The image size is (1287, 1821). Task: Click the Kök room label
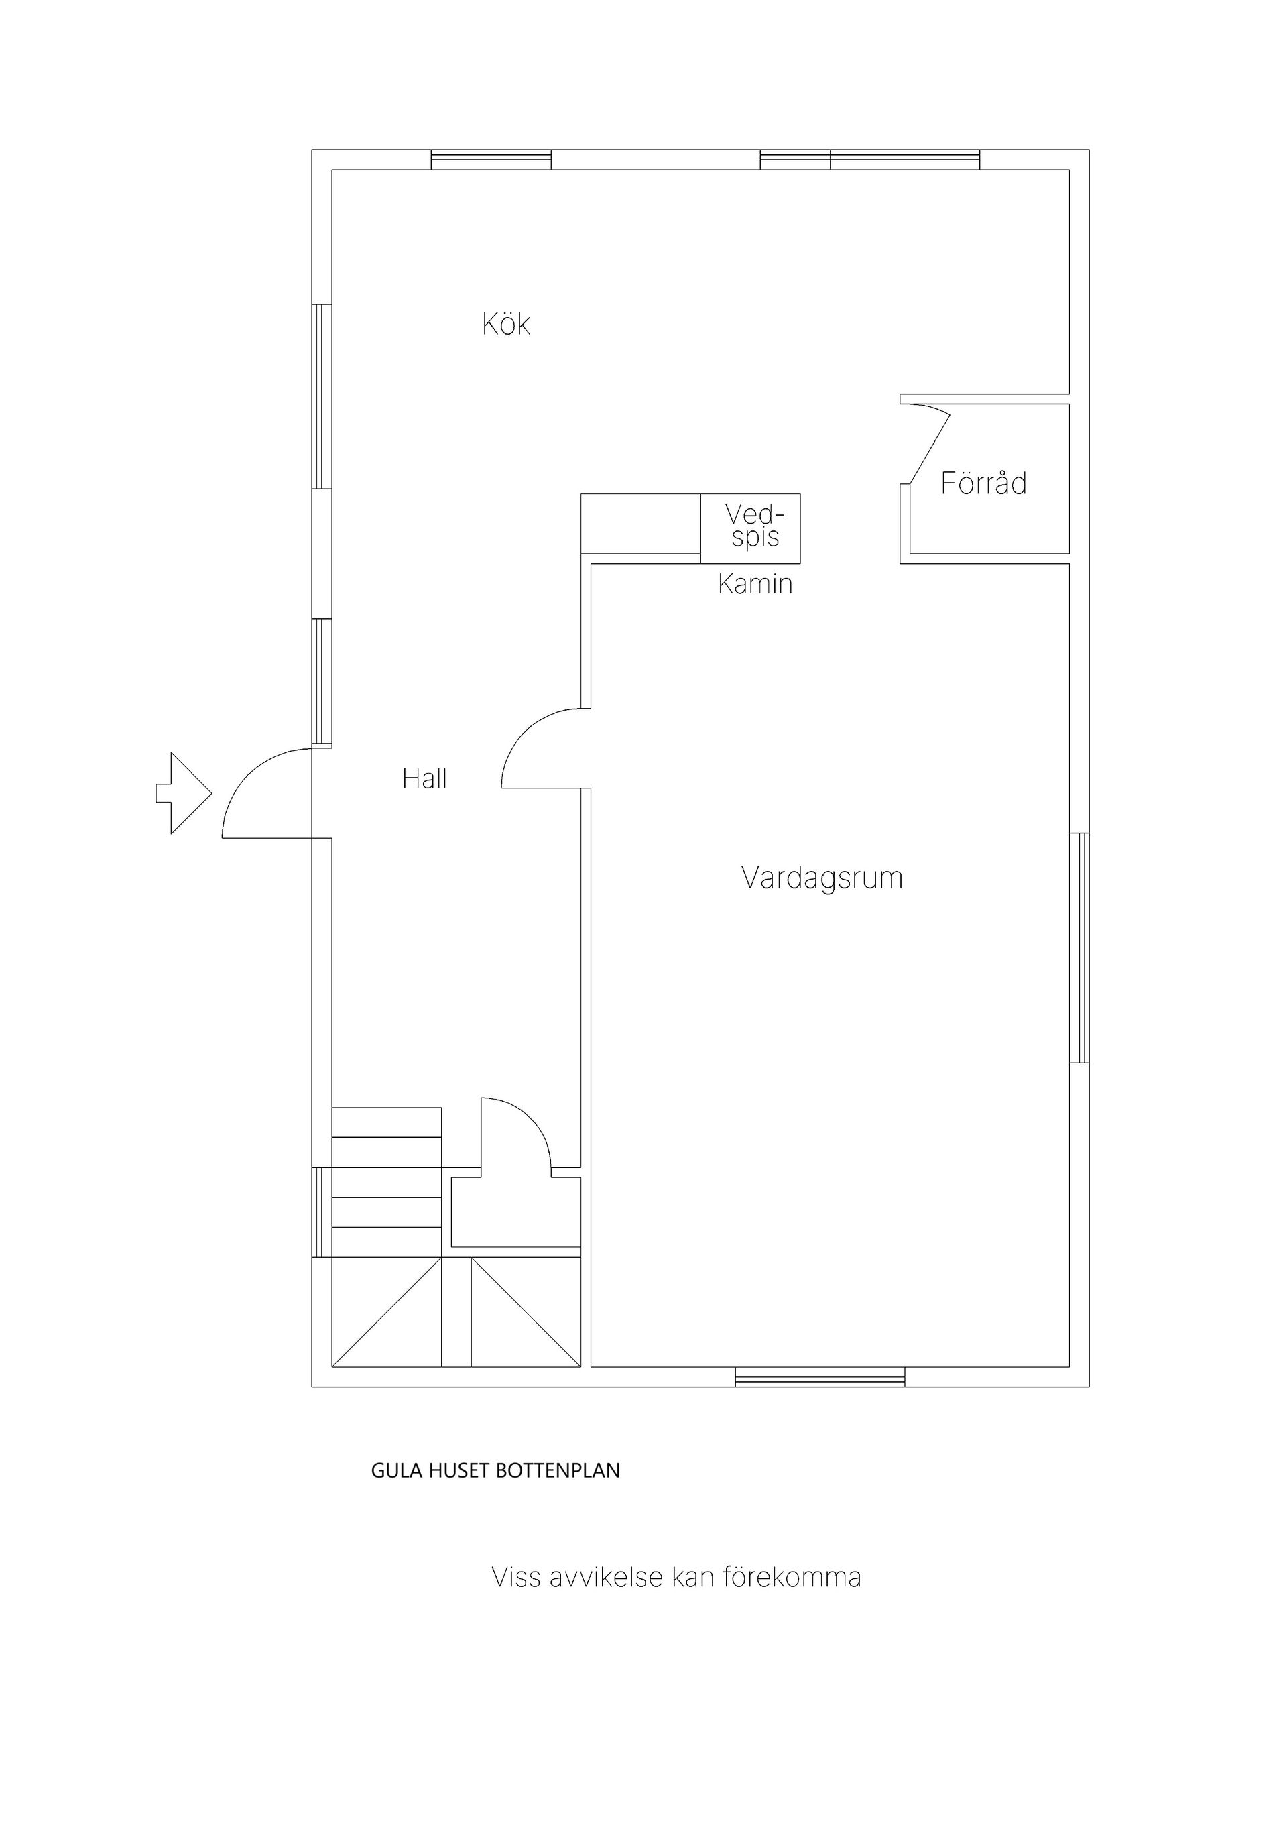(x=506, y=324)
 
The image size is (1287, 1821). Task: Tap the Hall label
(x=424, y=779)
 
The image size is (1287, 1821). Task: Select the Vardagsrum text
(x=822, y=879)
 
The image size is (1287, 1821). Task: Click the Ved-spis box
(x=750, y=528)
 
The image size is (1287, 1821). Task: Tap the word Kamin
(x=755, y=585)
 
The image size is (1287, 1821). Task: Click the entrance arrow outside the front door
(x=184, y=793)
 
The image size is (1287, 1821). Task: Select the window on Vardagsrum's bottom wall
(x=820, y=1378)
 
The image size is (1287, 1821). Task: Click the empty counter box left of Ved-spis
(x=641, y=524)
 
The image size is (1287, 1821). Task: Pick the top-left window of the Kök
(x=491, y=160)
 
